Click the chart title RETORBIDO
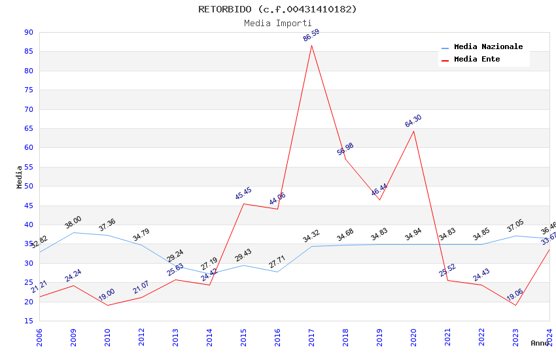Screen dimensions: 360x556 point(277,9)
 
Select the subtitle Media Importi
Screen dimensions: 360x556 point(277,23)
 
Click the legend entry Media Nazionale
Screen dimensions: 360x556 point(488,47)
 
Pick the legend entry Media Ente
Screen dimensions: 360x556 point(477,59)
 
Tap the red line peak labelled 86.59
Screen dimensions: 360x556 point(311,45)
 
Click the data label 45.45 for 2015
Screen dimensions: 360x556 point(243,194)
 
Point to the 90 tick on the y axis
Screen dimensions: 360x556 point(28,32)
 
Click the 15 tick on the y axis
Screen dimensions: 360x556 point(28,321)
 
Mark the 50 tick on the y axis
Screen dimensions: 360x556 point(28,186)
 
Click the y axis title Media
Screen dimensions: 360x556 point(20,177)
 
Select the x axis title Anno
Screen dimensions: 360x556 point(540,343)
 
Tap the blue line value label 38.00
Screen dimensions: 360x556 point(73,223)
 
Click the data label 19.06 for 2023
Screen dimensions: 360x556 point(515,295)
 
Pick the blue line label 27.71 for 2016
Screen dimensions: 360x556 point(277,262)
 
